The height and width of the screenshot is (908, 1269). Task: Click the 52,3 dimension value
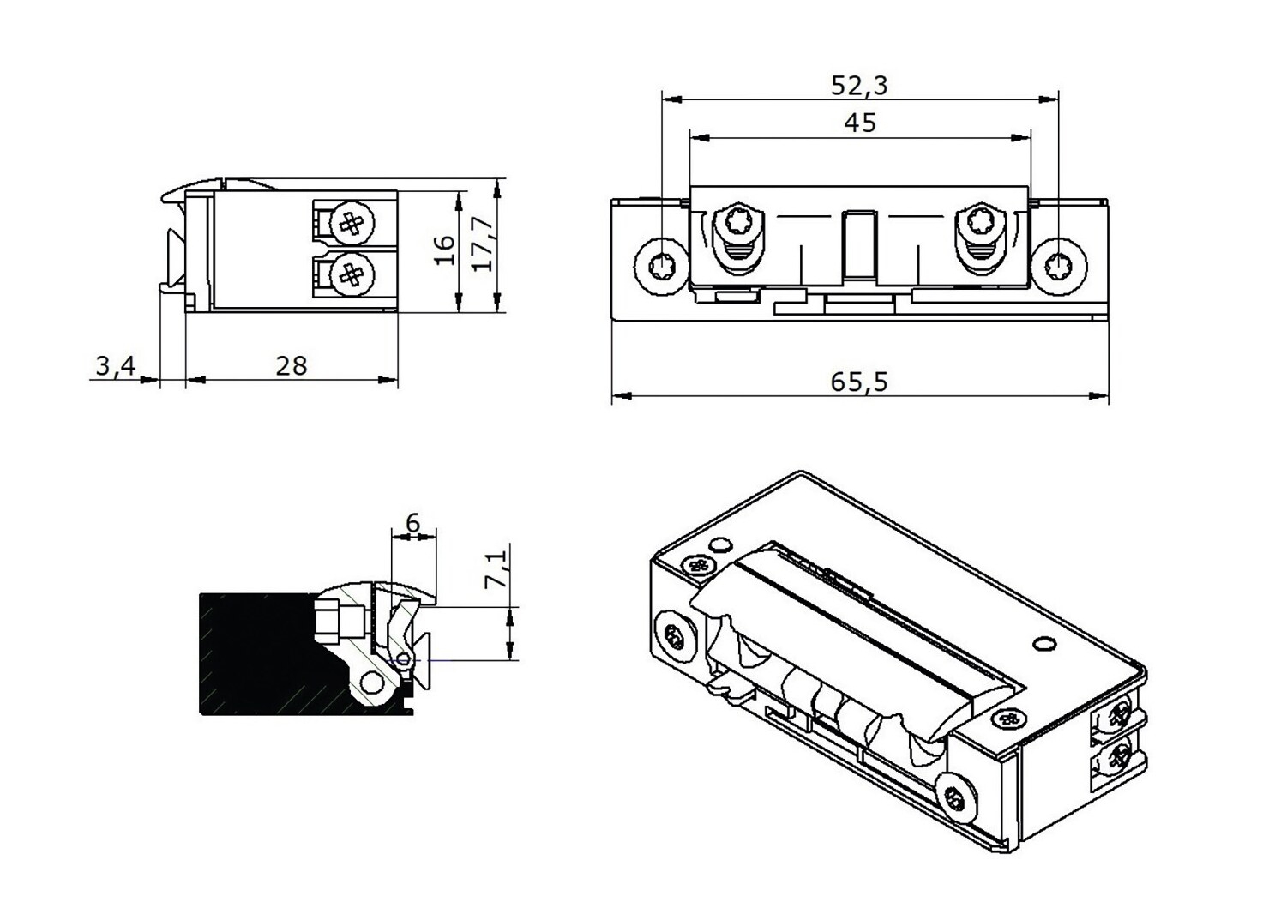click(860, 85)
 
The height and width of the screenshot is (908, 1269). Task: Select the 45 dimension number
click(860, 123)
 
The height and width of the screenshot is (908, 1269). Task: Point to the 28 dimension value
click(292, 365)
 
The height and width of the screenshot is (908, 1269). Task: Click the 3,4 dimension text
click(115, 366)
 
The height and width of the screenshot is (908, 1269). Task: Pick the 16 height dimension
click(444, 250)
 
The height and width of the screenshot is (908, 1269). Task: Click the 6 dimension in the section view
click(412, 522)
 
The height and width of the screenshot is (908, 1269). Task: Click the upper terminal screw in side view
click(352, 224)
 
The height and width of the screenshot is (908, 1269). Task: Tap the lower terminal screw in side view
click(352, 274)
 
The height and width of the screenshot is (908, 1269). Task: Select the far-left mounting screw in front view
click(661, 265)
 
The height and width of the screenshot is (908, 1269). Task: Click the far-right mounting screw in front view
click(1060, 266)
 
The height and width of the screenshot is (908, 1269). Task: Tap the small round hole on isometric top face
click(1043, 642)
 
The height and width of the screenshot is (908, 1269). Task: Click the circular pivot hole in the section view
click(372, 683)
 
